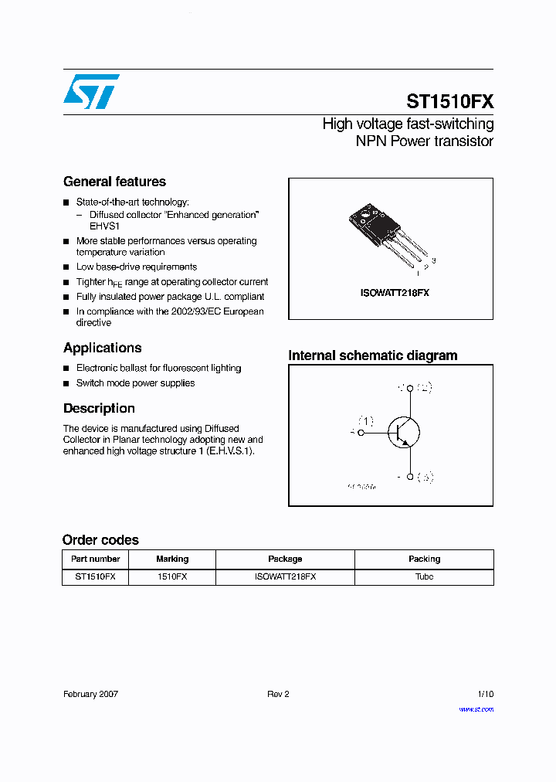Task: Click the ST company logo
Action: click(90, 91)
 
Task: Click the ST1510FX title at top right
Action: click(449, 101)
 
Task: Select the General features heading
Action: click(114, 182)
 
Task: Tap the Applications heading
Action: click(102, 348)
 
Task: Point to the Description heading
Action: click(99, 408)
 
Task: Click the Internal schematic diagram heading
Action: click(372, 355)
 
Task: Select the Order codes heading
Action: click(100, 540)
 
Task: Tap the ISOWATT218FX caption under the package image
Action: click(395, 294)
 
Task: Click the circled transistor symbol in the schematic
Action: click(402, 433)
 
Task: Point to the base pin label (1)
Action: click(364, 421)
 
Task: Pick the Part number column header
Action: click(95, 559)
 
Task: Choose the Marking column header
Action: click(172, 559)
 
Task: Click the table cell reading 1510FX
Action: click(172, 576)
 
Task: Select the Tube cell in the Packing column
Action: click(424, 576)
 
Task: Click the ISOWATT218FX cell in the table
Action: click(285, 576)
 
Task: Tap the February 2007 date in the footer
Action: click(90, 694)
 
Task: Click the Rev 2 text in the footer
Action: click(278, 694)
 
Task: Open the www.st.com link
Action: click(476, 709)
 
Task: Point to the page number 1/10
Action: click(485, 694)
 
